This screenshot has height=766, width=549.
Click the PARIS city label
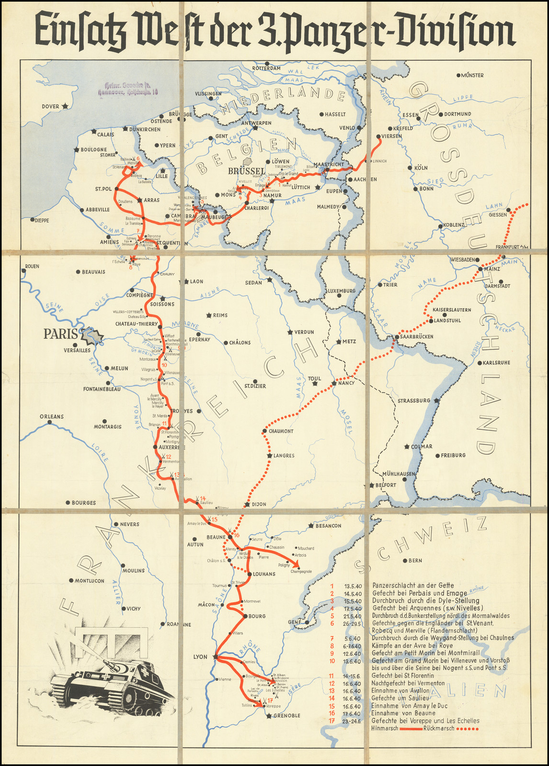tap(60, 334)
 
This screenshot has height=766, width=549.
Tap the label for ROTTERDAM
tap(266, 68)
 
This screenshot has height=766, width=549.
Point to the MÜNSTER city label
tap(472, 75)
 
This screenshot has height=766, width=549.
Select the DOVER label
tap(50, 107)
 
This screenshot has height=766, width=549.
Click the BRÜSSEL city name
tap(247, 171)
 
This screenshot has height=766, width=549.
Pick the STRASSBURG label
tap(414, 401)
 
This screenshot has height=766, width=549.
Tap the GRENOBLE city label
tap(286, 716)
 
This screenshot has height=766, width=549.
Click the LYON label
tap(200, 657)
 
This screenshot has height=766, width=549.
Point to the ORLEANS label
tap(52, 417)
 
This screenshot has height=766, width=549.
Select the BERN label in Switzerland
tap(415, 561)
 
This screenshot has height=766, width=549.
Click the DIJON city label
tap(259, 505)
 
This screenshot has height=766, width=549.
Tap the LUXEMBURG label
tap(342, 291)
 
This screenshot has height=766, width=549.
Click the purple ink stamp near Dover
tap(127, 88)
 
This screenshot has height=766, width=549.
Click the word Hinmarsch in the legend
tap(385, 729)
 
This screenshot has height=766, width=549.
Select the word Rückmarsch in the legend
tap(438, 729)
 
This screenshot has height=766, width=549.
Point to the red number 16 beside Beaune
tap(236, 535)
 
